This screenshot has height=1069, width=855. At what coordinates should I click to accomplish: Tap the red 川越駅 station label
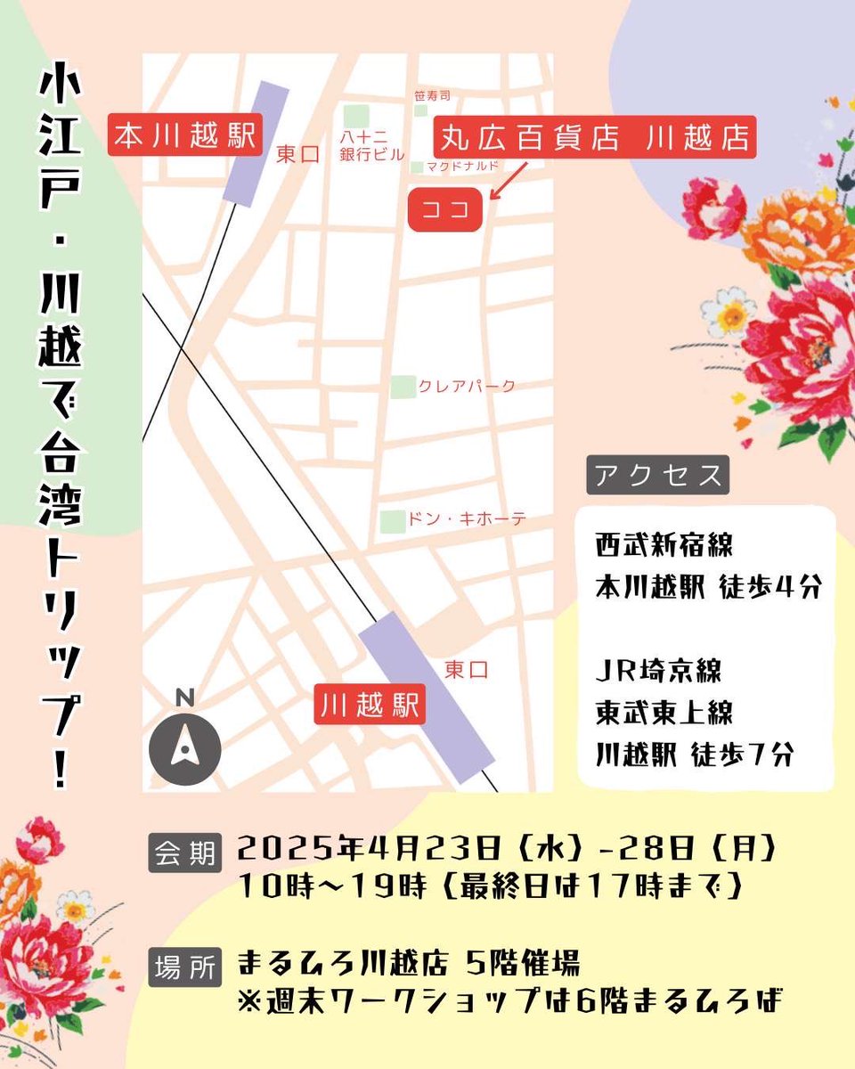[x=370, y=706]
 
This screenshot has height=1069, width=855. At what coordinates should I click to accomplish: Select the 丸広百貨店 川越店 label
[x=595, y=138]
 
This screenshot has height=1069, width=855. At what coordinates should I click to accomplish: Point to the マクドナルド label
[x=460, y=167]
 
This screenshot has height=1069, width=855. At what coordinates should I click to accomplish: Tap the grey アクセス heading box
[x=657, y=475]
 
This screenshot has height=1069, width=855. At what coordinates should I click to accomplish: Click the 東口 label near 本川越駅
[x=297, y=154]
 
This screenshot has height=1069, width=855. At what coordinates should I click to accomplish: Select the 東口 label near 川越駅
[x=466, y=669]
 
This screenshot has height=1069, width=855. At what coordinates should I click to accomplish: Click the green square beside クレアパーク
[x=403, y=387]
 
